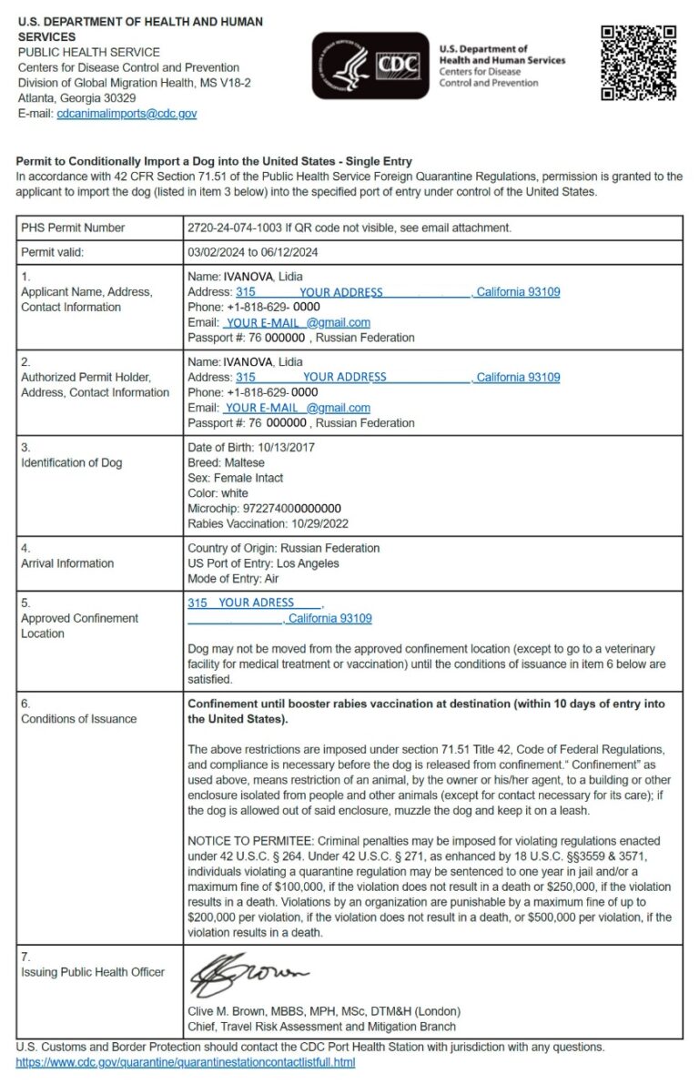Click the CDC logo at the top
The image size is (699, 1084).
[x=370, y=66]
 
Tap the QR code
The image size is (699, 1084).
[x=638, y=63]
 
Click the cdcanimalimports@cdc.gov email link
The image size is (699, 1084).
[x=127, y=114]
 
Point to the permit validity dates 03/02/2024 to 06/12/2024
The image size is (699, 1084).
[x=252, y=252]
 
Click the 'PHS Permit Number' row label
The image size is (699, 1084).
[x=74, y=228]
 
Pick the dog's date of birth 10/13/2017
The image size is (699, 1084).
[x=284, y=447]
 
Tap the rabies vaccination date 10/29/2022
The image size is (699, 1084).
[x=319, y=523]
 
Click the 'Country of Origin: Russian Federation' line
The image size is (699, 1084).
[x=283, y=548]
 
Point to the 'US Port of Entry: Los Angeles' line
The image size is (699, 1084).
[x=263, y=563]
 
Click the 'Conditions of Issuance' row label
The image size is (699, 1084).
[x=79, y=719]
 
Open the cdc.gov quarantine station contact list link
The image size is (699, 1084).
[x=185, y=1062]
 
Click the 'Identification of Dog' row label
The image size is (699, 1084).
[x=72, y=462]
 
